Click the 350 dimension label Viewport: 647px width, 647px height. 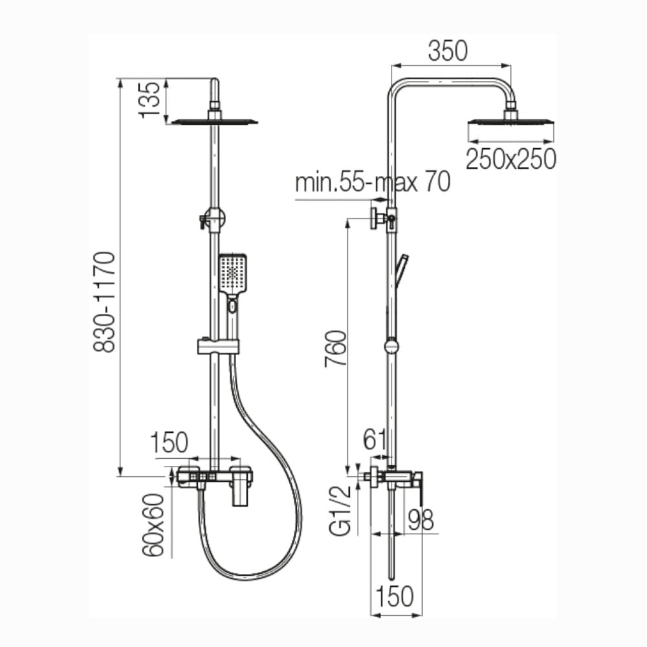pos(448,51)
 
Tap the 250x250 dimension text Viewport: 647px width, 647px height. pos(511,159)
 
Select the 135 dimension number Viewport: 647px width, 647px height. pos(149,100)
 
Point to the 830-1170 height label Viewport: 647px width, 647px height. pos(104,302)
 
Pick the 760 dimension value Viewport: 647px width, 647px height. pos(335,349)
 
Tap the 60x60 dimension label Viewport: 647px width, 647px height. pos(153,525)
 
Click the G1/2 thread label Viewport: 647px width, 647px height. pos(340,510)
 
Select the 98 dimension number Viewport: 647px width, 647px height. pos(421,520)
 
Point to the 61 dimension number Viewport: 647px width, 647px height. pos(375,439)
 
